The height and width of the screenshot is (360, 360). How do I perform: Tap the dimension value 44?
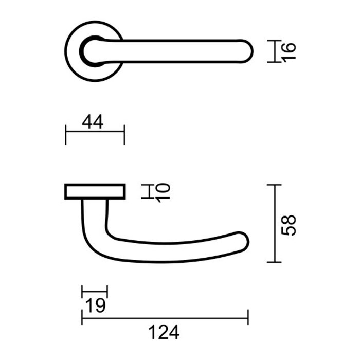pyautogui.click(x=93, y=122)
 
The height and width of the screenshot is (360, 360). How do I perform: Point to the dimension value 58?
pyautogui.click(x=290, y=224)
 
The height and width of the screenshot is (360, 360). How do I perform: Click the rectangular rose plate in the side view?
pyautogui.click(x=95, y=191)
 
